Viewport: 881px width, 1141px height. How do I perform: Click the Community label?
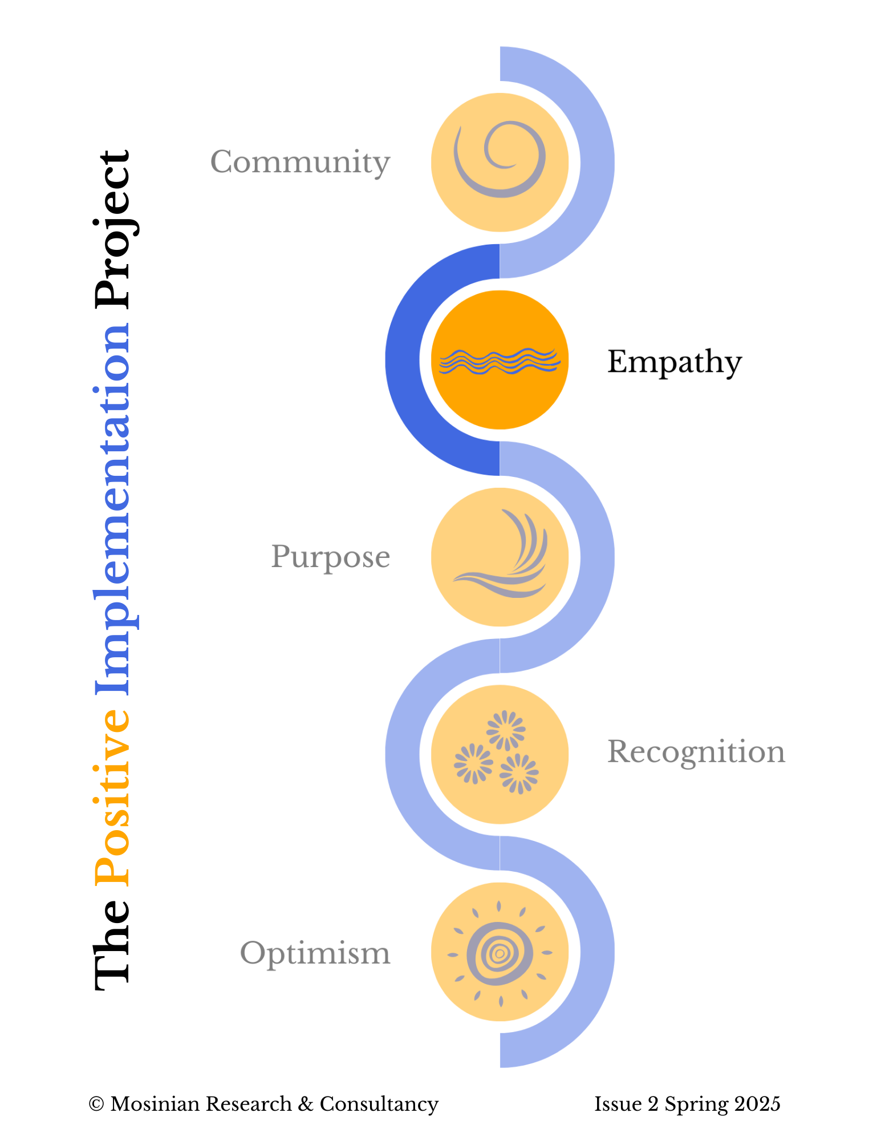300,163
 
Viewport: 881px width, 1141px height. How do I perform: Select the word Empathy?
674,362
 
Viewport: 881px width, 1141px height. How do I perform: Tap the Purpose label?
330,557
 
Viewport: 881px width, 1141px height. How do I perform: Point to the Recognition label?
696,752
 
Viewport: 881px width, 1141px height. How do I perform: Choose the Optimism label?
315,953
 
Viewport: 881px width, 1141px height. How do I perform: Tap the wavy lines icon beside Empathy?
500,361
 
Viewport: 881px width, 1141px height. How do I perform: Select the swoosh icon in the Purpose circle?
505,556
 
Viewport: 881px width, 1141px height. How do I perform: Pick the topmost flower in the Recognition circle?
505,730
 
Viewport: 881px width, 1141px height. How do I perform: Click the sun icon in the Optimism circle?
500,953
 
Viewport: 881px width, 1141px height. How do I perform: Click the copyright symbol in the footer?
96,1104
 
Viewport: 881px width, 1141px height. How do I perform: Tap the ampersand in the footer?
306,1104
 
